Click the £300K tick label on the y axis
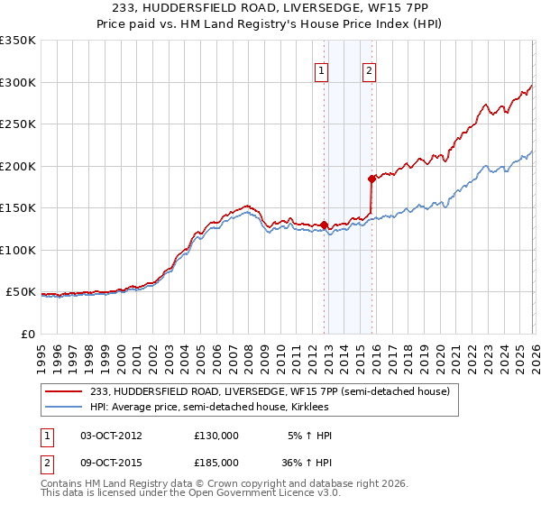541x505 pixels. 18,82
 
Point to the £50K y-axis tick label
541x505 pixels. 21,292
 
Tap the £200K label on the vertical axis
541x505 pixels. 18,166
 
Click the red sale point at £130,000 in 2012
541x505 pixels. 324,225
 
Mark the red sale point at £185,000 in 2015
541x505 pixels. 371,179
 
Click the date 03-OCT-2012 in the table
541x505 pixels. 111,435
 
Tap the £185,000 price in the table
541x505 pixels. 216,462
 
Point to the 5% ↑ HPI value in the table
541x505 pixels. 310,435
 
